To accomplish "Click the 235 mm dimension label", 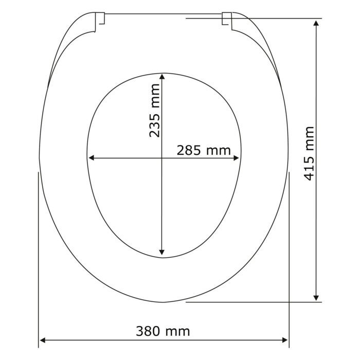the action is coord(154,111).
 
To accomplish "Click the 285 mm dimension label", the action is coord(204,151).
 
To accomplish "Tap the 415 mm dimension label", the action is coord(309,153).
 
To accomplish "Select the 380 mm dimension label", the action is coord(163,331).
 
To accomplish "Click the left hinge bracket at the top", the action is coord(100,19).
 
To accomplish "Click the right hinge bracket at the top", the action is coord(227,19).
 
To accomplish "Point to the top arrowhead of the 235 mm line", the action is coord(162,77).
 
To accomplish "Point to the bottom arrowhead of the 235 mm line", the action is coord(162,253).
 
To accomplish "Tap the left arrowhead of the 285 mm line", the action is coord(92,158).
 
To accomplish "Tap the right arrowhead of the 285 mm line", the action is coord(236,158).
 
